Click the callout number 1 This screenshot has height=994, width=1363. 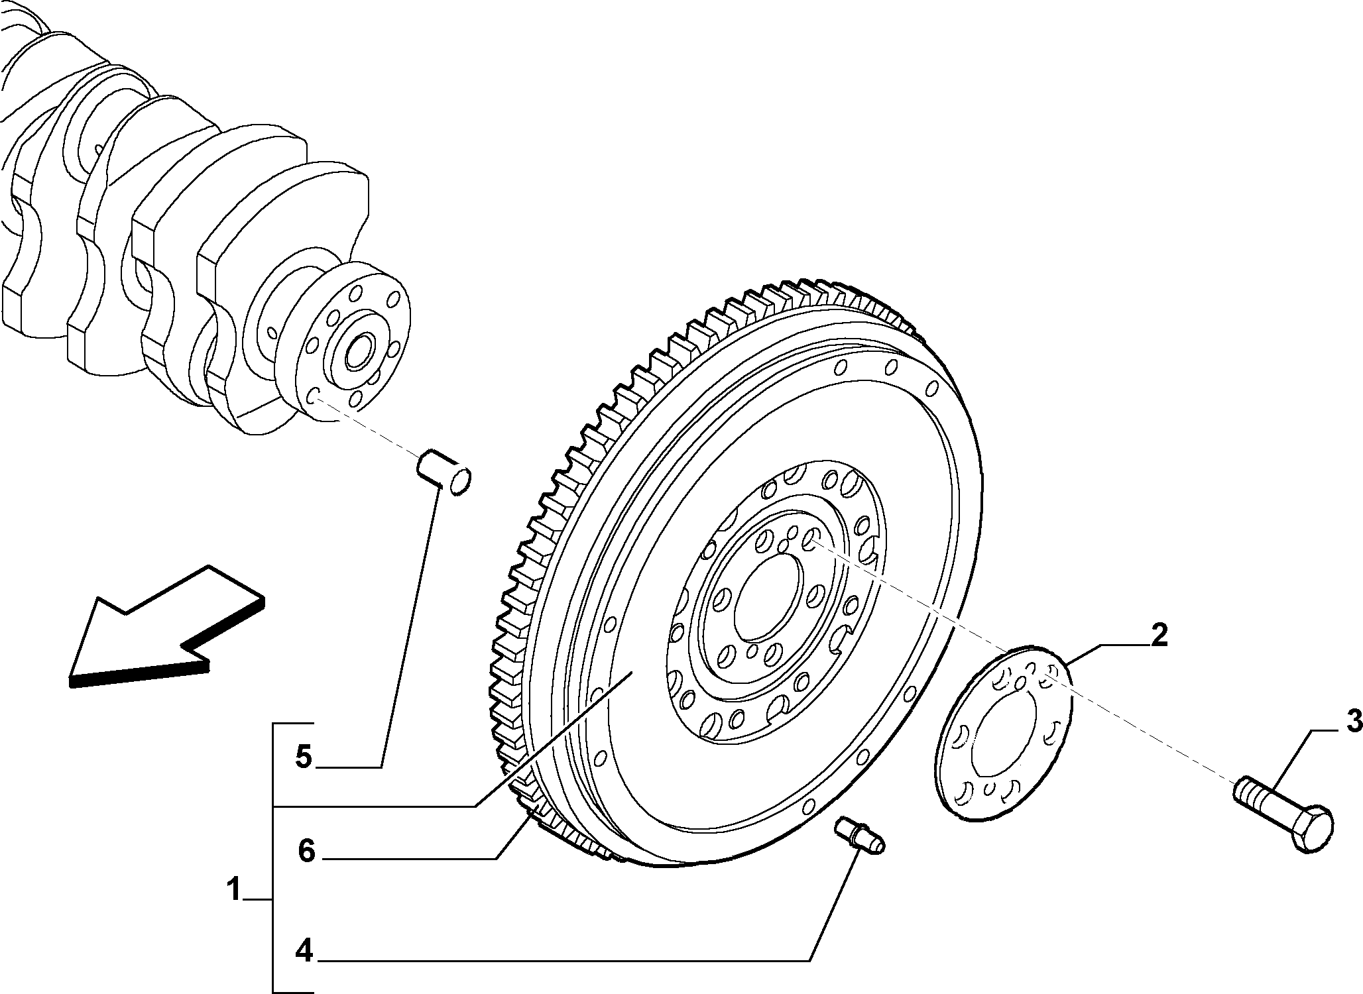click(x=234, y=889)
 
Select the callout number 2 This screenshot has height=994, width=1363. click(x=1158, y=635)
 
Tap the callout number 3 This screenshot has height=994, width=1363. click(x=1352, y=720)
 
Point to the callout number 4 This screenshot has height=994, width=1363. click(x=304, y=951)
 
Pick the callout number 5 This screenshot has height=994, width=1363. click(x=304, y=756)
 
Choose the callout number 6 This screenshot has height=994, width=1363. click(x=306, y=851)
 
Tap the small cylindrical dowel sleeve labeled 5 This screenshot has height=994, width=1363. click(x=444, y=471)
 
